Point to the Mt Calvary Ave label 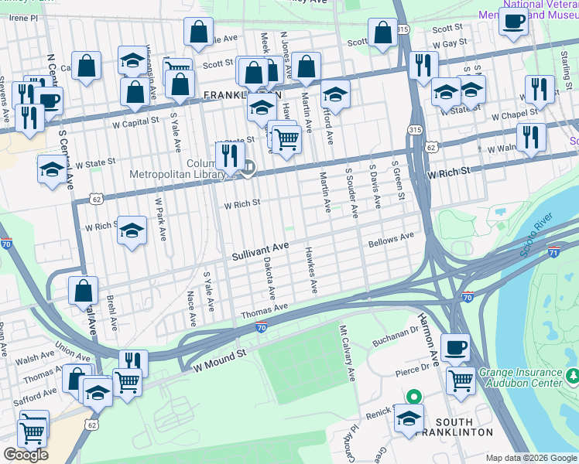coord(346,353)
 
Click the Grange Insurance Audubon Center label coord(521,377)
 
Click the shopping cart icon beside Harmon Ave coord(461,380)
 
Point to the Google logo coord(26,455)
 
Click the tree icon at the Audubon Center coord(573,377)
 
